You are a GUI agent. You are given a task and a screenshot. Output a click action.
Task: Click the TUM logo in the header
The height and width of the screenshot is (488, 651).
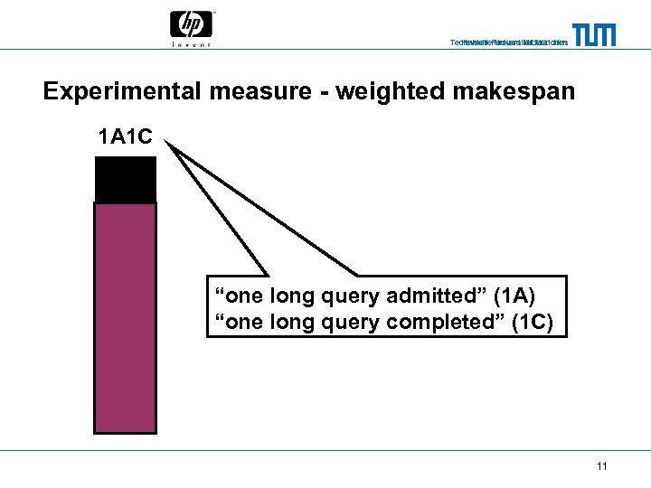(x=594, y=34)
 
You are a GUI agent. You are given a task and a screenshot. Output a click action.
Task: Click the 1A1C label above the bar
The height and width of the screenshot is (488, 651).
(x=125, y=139)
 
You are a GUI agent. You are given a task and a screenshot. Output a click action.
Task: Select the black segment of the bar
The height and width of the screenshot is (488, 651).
(x=125, y=179)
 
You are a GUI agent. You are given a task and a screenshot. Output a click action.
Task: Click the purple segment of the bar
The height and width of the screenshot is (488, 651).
(x=125, y=316)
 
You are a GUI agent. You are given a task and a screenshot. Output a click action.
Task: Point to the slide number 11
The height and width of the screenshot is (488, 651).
(x=601, y=466)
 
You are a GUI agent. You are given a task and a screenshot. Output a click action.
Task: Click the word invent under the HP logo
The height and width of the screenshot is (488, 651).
(x=191, y=43)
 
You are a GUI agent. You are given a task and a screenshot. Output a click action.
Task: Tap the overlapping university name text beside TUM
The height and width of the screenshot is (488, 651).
(x=509, y=42)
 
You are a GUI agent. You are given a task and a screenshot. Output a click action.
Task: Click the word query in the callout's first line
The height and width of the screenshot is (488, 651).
(x=354, y=296)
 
